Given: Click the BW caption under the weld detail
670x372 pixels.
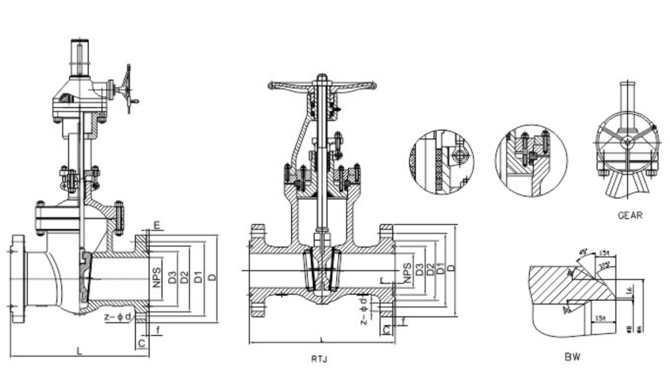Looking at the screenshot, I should (x=572, y=358).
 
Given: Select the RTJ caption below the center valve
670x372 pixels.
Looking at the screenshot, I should (x=320, y=358).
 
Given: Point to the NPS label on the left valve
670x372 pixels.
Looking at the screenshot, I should (x=157, y=276).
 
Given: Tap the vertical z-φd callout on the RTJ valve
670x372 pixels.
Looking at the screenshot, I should (x=363, y=310).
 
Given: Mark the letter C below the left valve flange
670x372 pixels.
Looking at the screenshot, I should (x=141, y=342).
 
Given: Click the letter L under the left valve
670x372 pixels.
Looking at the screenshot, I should (x=79, y=351).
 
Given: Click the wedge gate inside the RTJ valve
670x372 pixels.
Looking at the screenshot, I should (x=321, y=269).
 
